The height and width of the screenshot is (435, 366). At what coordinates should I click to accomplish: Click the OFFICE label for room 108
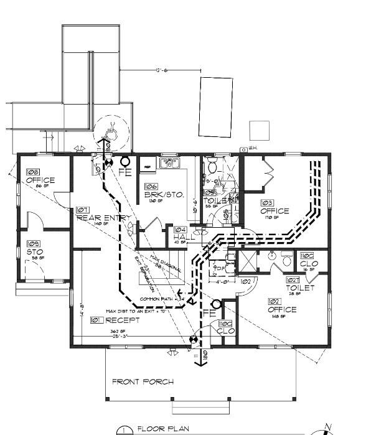point(40,180)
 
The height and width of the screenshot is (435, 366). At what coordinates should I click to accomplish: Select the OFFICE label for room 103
point(274,211)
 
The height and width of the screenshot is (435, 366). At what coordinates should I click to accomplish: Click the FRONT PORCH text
point(143,381)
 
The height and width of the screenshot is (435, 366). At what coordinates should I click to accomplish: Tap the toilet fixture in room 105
point(212,166)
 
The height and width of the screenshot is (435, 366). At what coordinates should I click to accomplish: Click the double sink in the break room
point(169,164)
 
